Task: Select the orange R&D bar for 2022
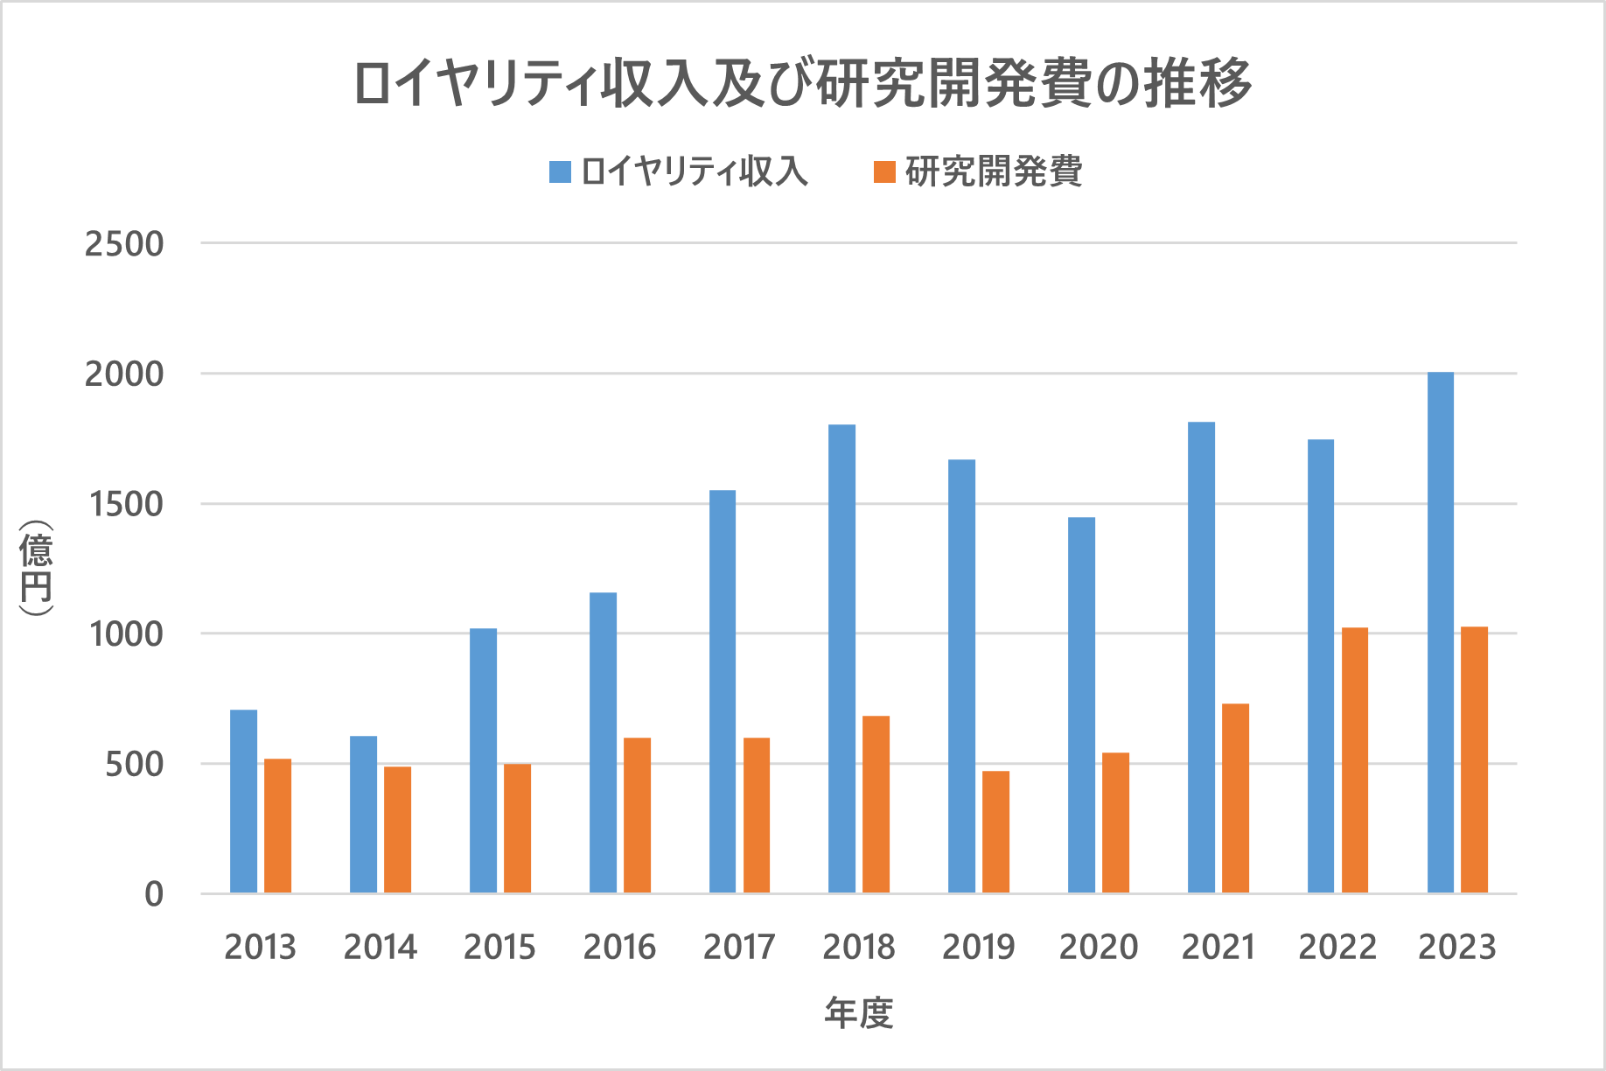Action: pos(1354,760)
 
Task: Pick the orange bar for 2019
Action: pos(995,832)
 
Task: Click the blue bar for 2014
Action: pos(363,815)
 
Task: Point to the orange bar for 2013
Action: pos(277,826)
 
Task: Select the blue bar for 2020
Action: pos(1081,705)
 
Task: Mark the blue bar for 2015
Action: pos(483,761)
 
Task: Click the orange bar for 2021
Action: pos(1235,798)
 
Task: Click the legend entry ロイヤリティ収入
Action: pos(678,171)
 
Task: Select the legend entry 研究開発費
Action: pos(978,171)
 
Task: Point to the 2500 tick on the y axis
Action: pos(124,244)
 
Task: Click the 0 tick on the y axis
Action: pos(154,894)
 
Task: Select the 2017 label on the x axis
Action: pos(739,947)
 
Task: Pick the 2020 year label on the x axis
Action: pos(1098,947)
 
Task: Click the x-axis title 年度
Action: pos(858,1013)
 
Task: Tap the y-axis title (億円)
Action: pos(37,569)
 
